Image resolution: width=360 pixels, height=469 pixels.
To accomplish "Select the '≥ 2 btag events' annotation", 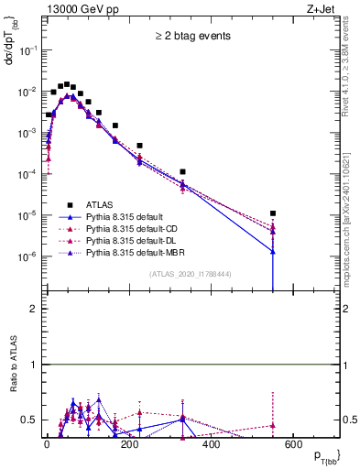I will click(191, 37).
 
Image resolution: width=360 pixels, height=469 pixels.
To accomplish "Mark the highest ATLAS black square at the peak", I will click(67, 83).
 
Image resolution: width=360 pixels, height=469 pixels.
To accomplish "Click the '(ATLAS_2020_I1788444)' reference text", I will click(191, 273).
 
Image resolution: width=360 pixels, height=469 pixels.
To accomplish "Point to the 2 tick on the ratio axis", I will click(32, 309).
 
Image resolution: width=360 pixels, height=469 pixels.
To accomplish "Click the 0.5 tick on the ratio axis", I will click(27, 420).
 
